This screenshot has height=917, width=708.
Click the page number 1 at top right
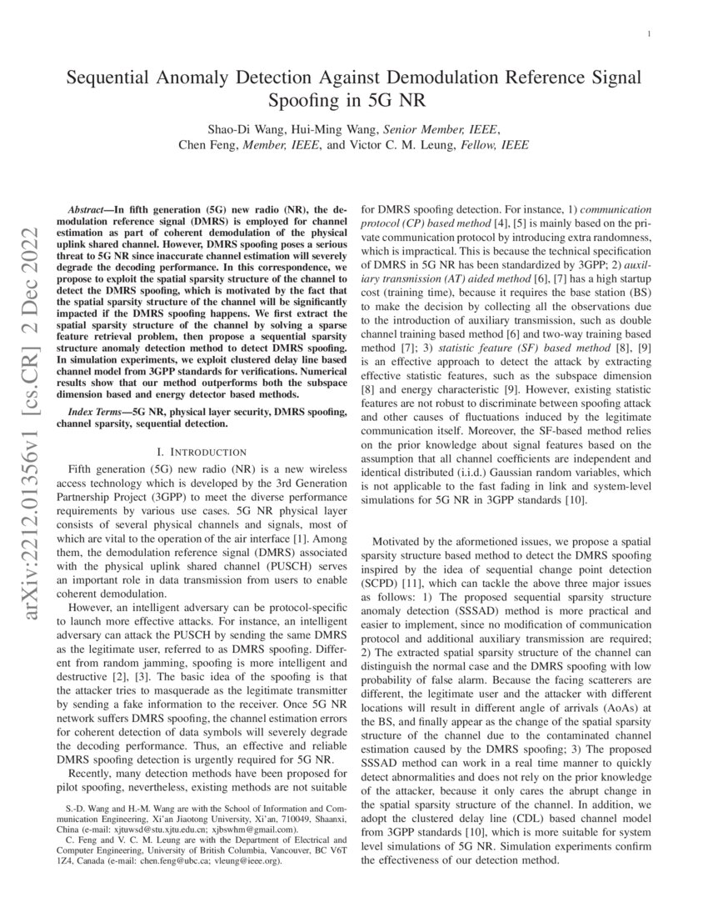[648, 33]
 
